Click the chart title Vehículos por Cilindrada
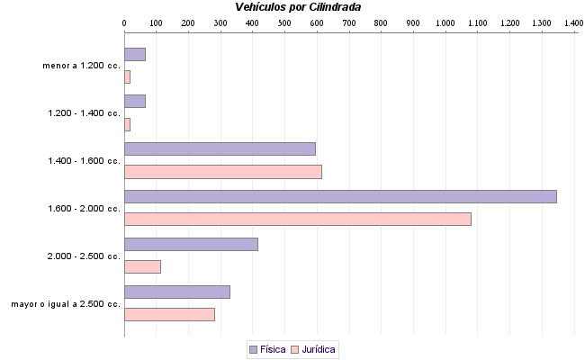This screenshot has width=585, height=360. [x=298, y=7]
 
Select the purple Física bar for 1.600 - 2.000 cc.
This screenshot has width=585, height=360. [x=340, y=196]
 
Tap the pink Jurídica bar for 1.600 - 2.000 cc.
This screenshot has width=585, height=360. [x=297, y=219]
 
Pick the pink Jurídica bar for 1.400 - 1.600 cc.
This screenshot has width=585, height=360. [x=222, y=172]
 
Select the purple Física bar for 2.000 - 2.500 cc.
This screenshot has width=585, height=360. [x=191, y=244]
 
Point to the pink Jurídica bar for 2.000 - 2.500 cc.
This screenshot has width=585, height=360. [x=142, y=266]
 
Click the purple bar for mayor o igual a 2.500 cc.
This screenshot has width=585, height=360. [x=177, y=292]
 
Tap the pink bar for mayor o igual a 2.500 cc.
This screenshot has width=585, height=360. [x=169, y=314]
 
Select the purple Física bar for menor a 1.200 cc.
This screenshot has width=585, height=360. [x=135, y=54]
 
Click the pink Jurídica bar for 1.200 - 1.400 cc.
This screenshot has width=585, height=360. [x=127, y=124]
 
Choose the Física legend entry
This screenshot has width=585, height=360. [x=267, y=348]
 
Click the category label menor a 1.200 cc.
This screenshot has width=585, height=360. [x=81, y=66]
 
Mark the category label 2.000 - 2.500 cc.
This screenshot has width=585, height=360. [x=84, y=256]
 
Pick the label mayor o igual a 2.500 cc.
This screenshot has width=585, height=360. [x=66, y=303]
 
